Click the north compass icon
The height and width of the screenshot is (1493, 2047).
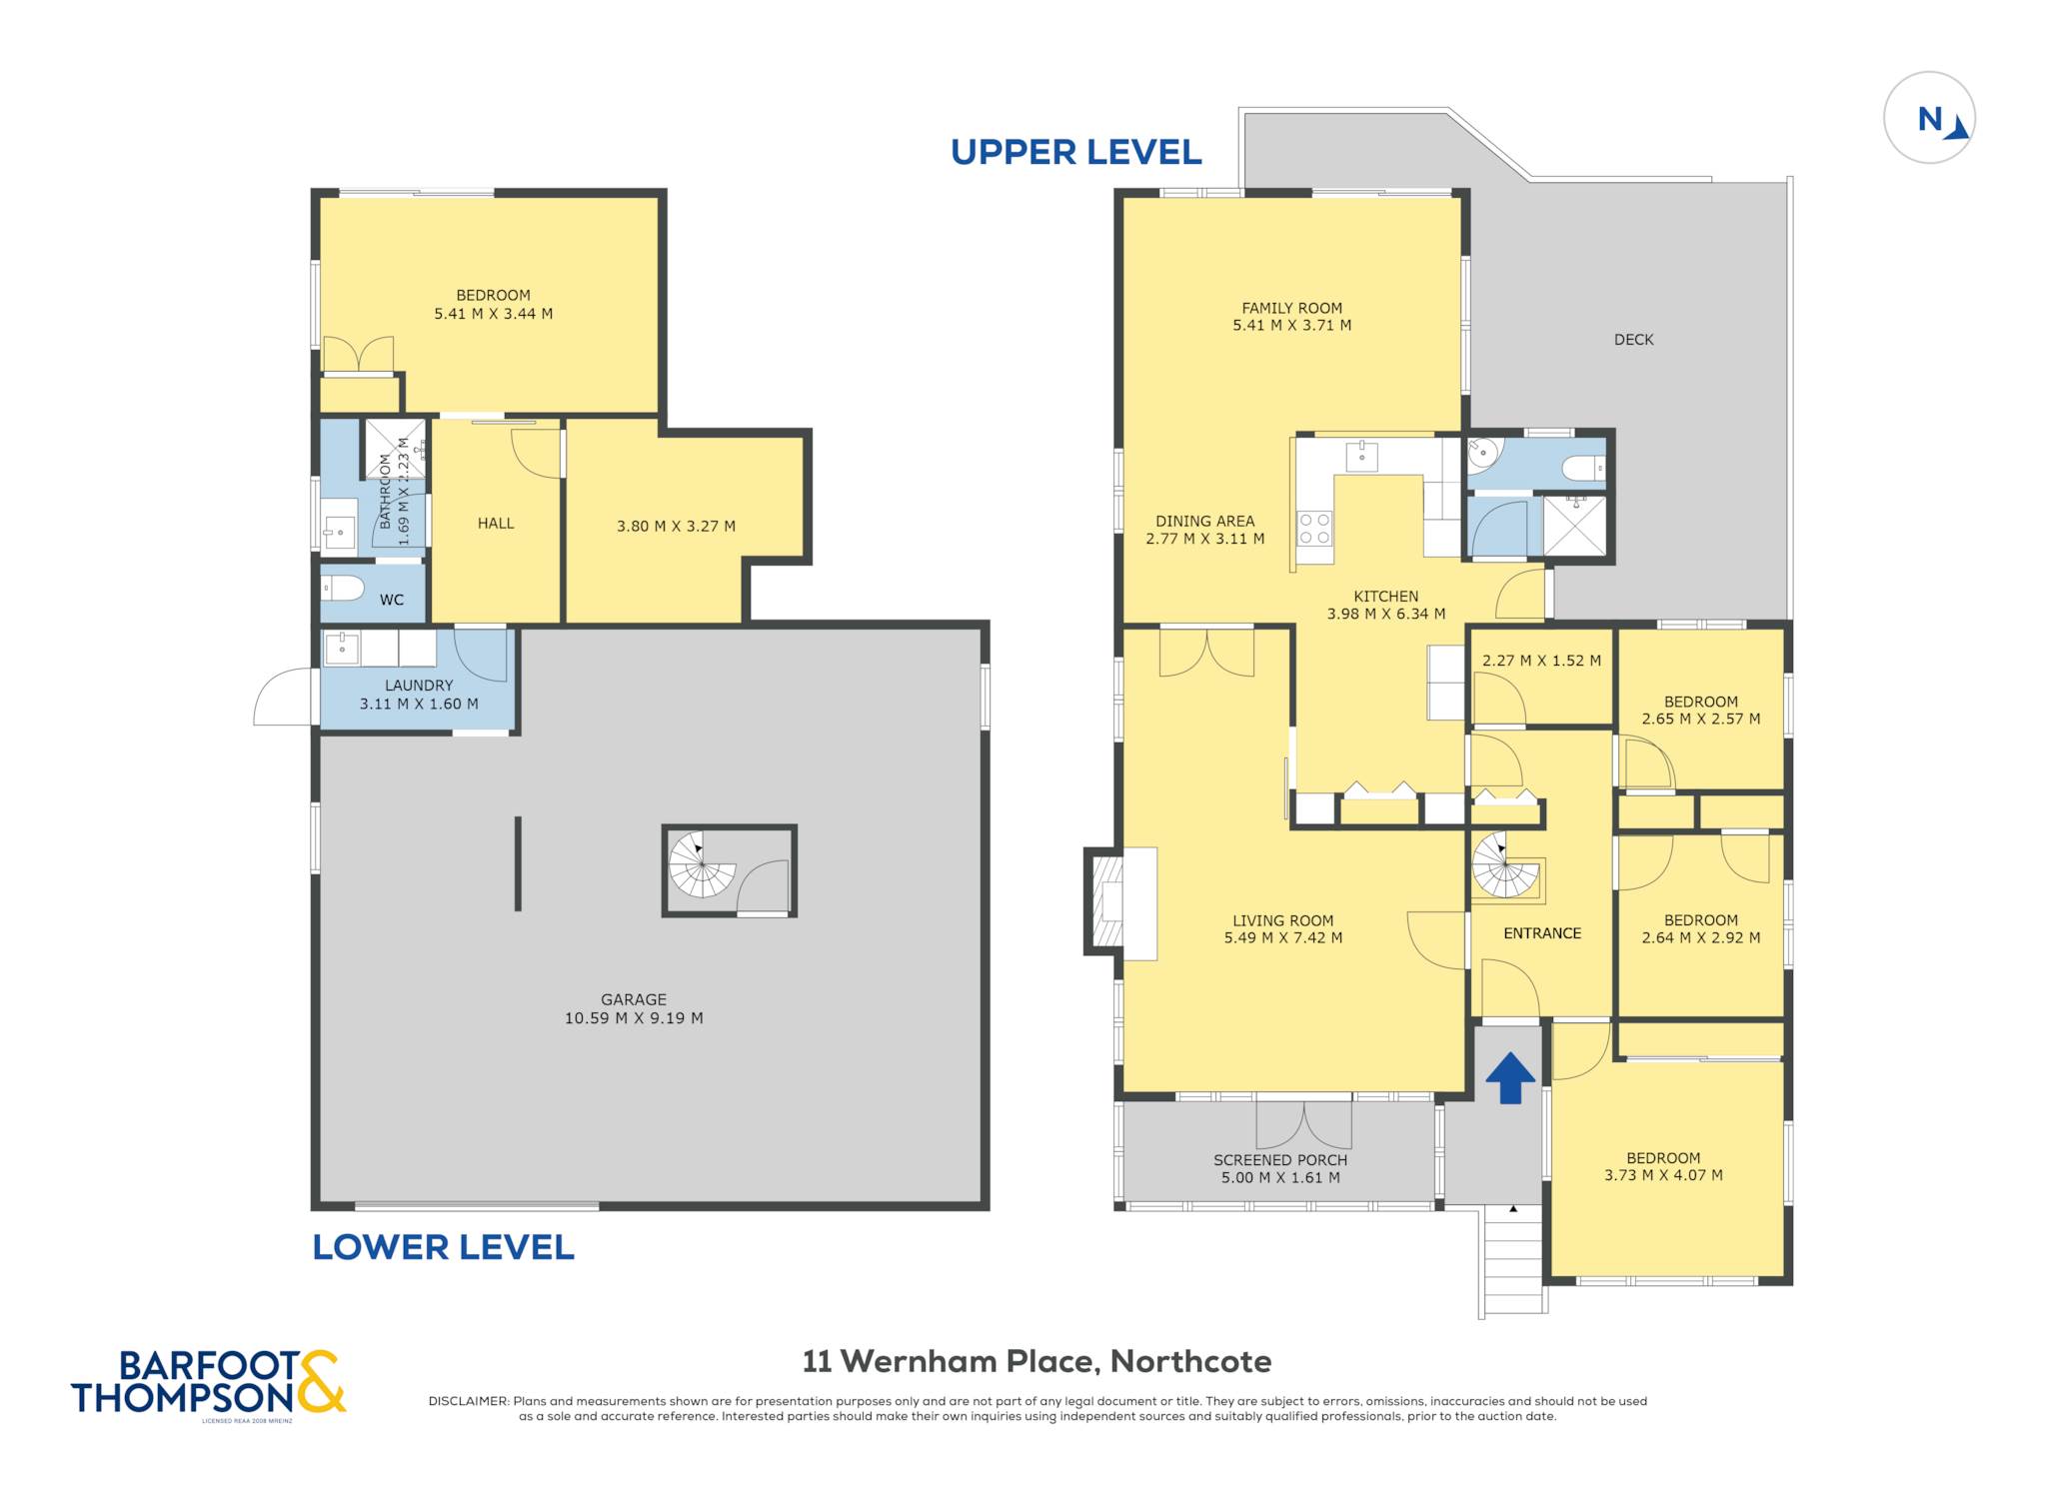[1929, 118]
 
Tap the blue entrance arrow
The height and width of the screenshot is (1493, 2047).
[1510, 1078]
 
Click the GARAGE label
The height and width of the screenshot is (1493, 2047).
[634, 999]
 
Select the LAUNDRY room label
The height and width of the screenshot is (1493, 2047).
[419, 686]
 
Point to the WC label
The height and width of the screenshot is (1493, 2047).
[392, 600]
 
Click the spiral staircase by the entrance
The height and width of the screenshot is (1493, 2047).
[1505, 865]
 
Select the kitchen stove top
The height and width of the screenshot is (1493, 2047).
[1314, 529]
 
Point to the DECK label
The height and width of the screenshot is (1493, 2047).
[1633, 340]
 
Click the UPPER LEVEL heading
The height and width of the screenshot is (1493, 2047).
[1075, 152]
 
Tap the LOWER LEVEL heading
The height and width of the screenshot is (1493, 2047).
[443, 1247]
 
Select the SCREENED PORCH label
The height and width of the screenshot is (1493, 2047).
[1280, 1160]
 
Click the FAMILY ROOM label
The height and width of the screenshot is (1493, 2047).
[1291, 308]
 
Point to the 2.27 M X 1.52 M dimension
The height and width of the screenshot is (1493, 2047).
[1541, 661]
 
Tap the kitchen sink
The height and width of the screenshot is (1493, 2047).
[1361, 456]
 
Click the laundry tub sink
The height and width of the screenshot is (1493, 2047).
[342, 650]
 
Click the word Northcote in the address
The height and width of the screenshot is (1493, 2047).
[1191, 1361]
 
